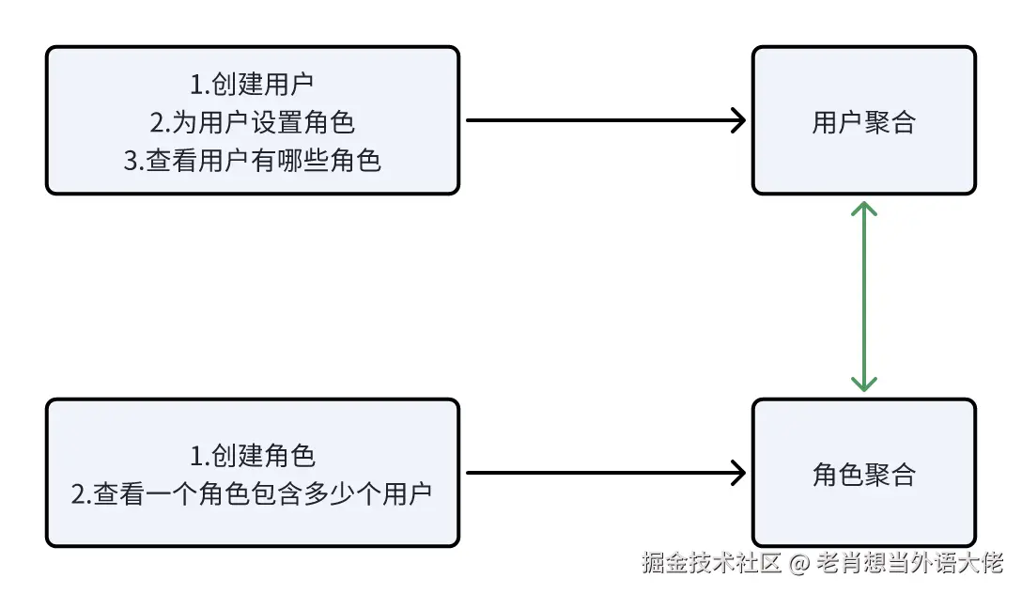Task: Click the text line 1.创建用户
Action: coord(252,85)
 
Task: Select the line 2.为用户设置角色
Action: coord(252,122)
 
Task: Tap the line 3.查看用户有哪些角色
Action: coord(252,161)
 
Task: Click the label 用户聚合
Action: coord(863,122)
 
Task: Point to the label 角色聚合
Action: coord(863,475)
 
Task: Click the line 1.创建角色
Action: coord(252,456)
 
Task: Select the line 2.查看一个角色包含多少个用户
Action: coord(252,494)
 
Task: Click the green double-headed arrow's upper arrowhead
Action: coord(863,208)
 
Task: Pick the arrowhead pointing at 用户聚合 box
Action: coord(738,120)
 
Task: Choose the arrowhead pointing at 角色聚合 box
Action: coord(738,473)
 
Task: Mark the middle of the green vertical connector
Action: coord(863,296)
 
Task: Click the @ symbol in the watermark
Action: coord(798,564)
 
